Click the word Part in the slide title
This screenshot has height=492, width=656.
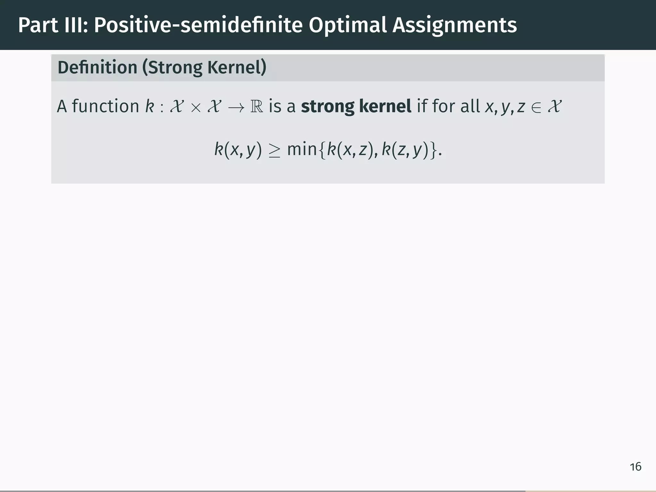[x=38, y=25]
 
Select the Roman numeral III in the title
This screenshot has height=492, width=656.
[x=76, y=25]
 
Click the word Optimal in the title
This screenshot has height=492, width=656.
[x=347, y=25]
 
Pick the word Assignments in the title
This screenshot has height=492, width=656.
[x=455, y=25]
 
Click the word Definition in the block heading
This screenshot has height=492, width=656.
[x=97, y=68]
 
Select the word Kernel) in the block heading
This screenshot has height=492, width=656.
[x=237, y=68]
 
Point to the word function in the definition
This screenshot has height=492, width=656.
[x=105, y=106]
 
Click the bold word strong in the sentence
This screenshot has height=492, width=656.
[x=327, y=107]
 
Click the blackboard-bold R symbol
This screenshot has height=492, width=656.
[x=257, y=107]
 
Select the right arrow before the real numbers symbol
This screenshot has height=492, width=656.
[x=236, y=108]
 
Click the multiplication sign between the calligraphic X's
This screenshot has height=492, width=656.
[x=195, y=108]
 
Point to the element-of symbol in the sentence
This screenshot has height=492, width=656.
[x=536, y=108]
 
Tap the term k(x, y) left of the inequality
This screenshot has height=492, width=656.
[x=238, y=150]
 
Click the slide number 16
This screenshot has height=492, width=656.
[x=635, y=467]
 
